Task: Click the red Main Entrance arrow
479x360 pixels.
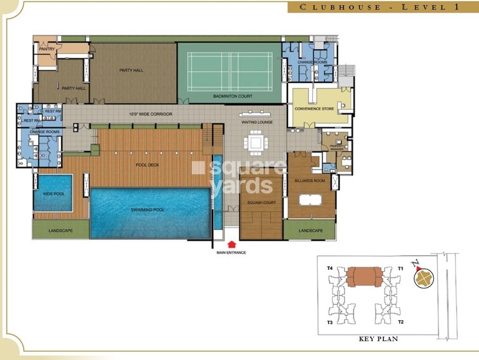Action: [232, 243]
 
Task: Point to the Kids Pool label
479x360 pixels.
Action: [51, 195]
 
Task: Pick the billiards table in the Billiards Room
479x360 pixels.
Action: [311, 202]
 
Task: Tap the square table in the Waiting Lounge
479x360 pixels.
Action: [257, 143]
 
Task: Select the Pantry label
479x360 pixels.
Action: [46, 49]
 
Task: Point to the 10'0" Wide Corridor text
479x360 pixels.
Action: [150, 114]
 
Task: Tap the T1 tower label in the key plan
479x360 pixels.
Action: [400, 269]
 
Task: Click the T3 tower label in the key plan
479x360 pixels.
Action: [330, 323]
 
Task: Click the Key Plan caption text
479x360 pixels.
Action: [378, 340]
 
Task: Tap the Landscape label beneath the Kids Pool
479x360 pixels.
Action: [52, 230]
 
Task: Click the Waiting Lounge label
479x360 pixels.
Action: [256, 120]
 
